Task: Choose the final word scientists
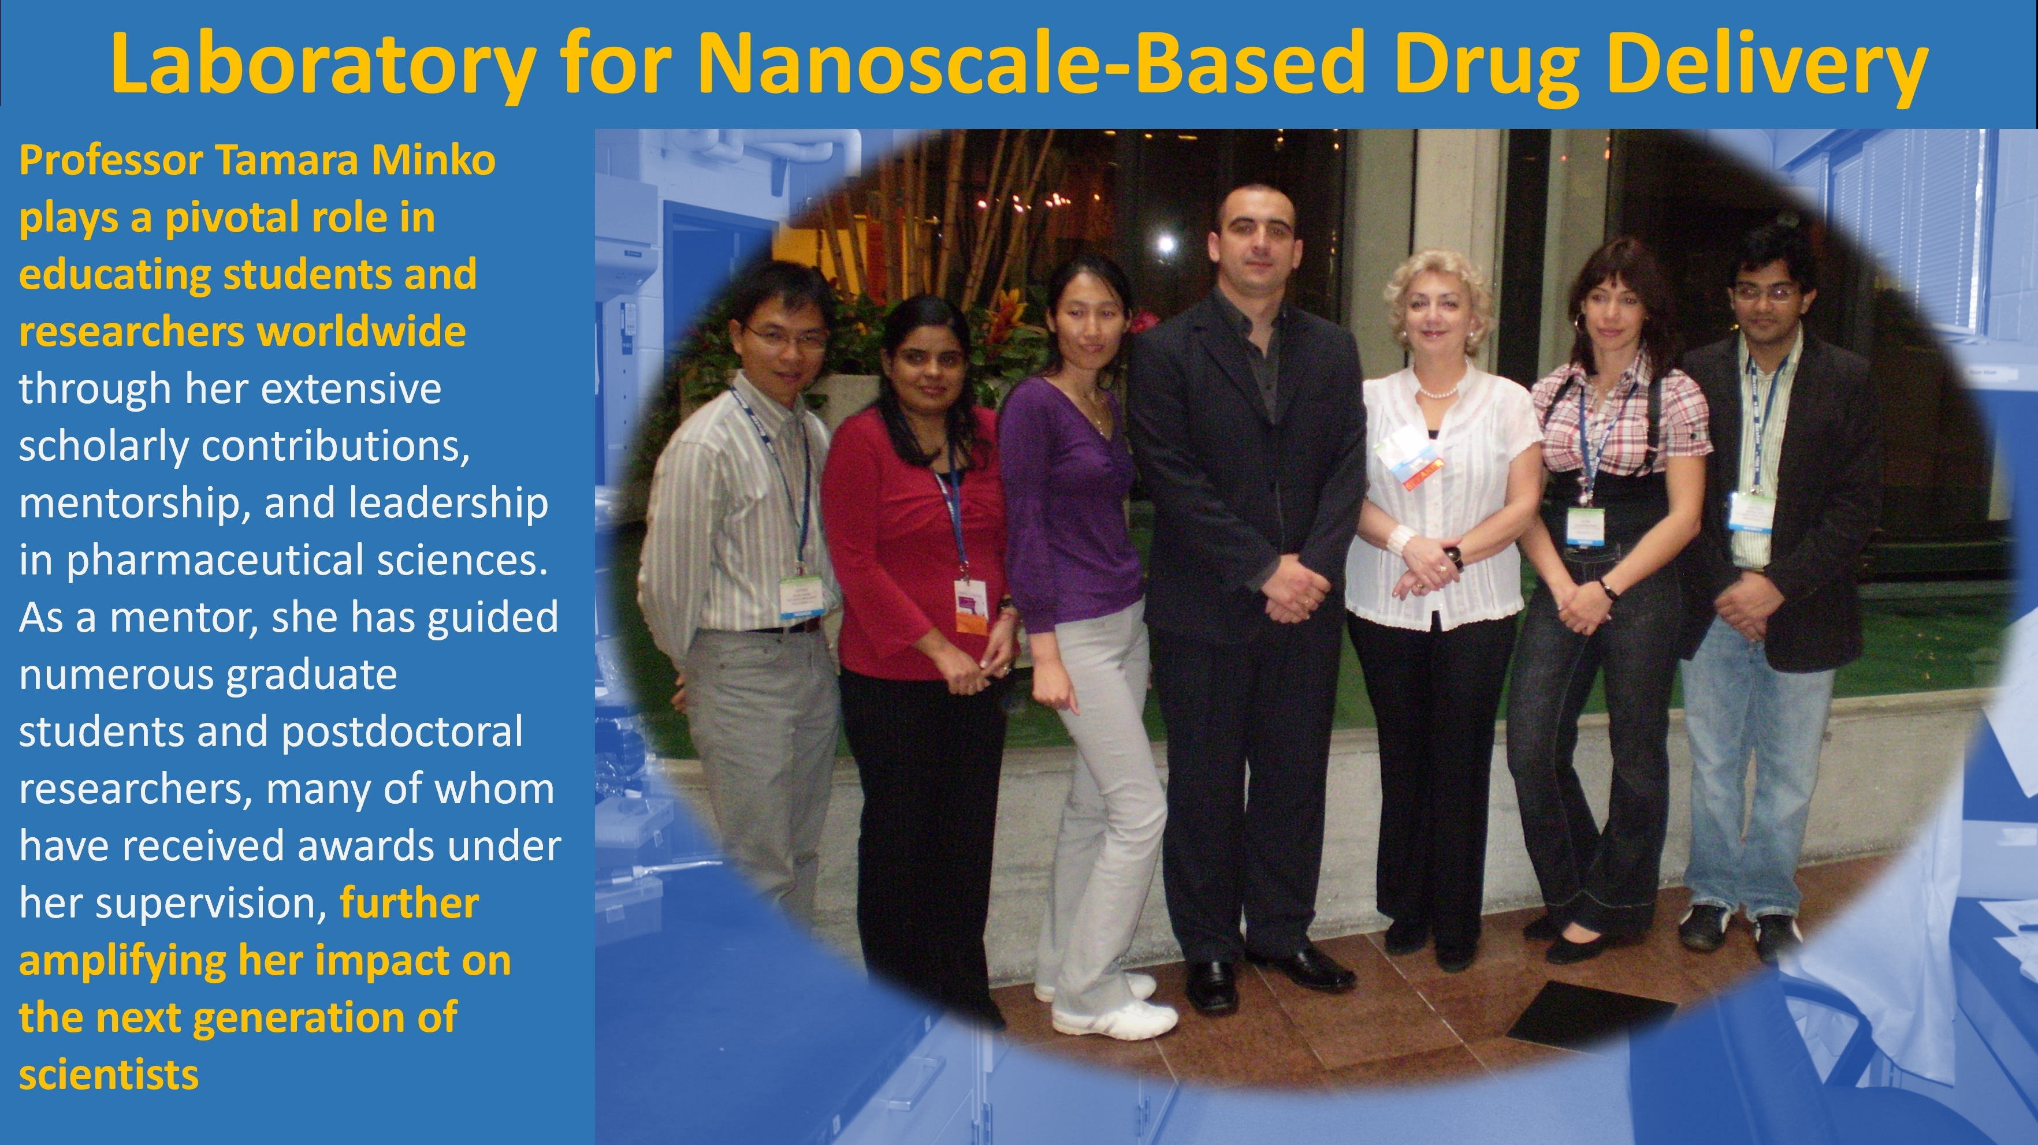(109, 1075)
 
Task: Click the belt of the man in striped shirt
(783, 627)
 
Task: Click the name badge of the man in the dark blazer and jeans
(1749, 511)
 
